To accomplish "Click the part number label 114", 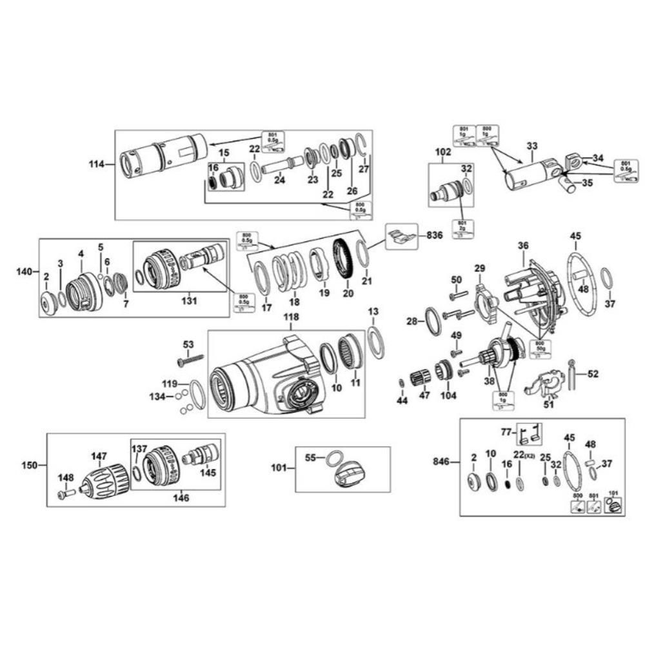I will click(x=97, y=164).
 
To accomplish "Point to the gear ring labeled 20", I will click(x=348, y=259).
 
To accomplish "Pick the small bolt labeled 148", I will click(x=64, y=493).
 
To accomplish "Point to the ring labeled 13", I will click(x=375, y=341).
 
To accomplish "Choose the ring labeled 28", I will click(x=433, y=322).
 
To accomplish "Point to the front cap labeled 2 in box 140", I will click(x=47, y=303).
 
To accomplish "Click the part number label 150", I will click(x=30, y=464).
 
